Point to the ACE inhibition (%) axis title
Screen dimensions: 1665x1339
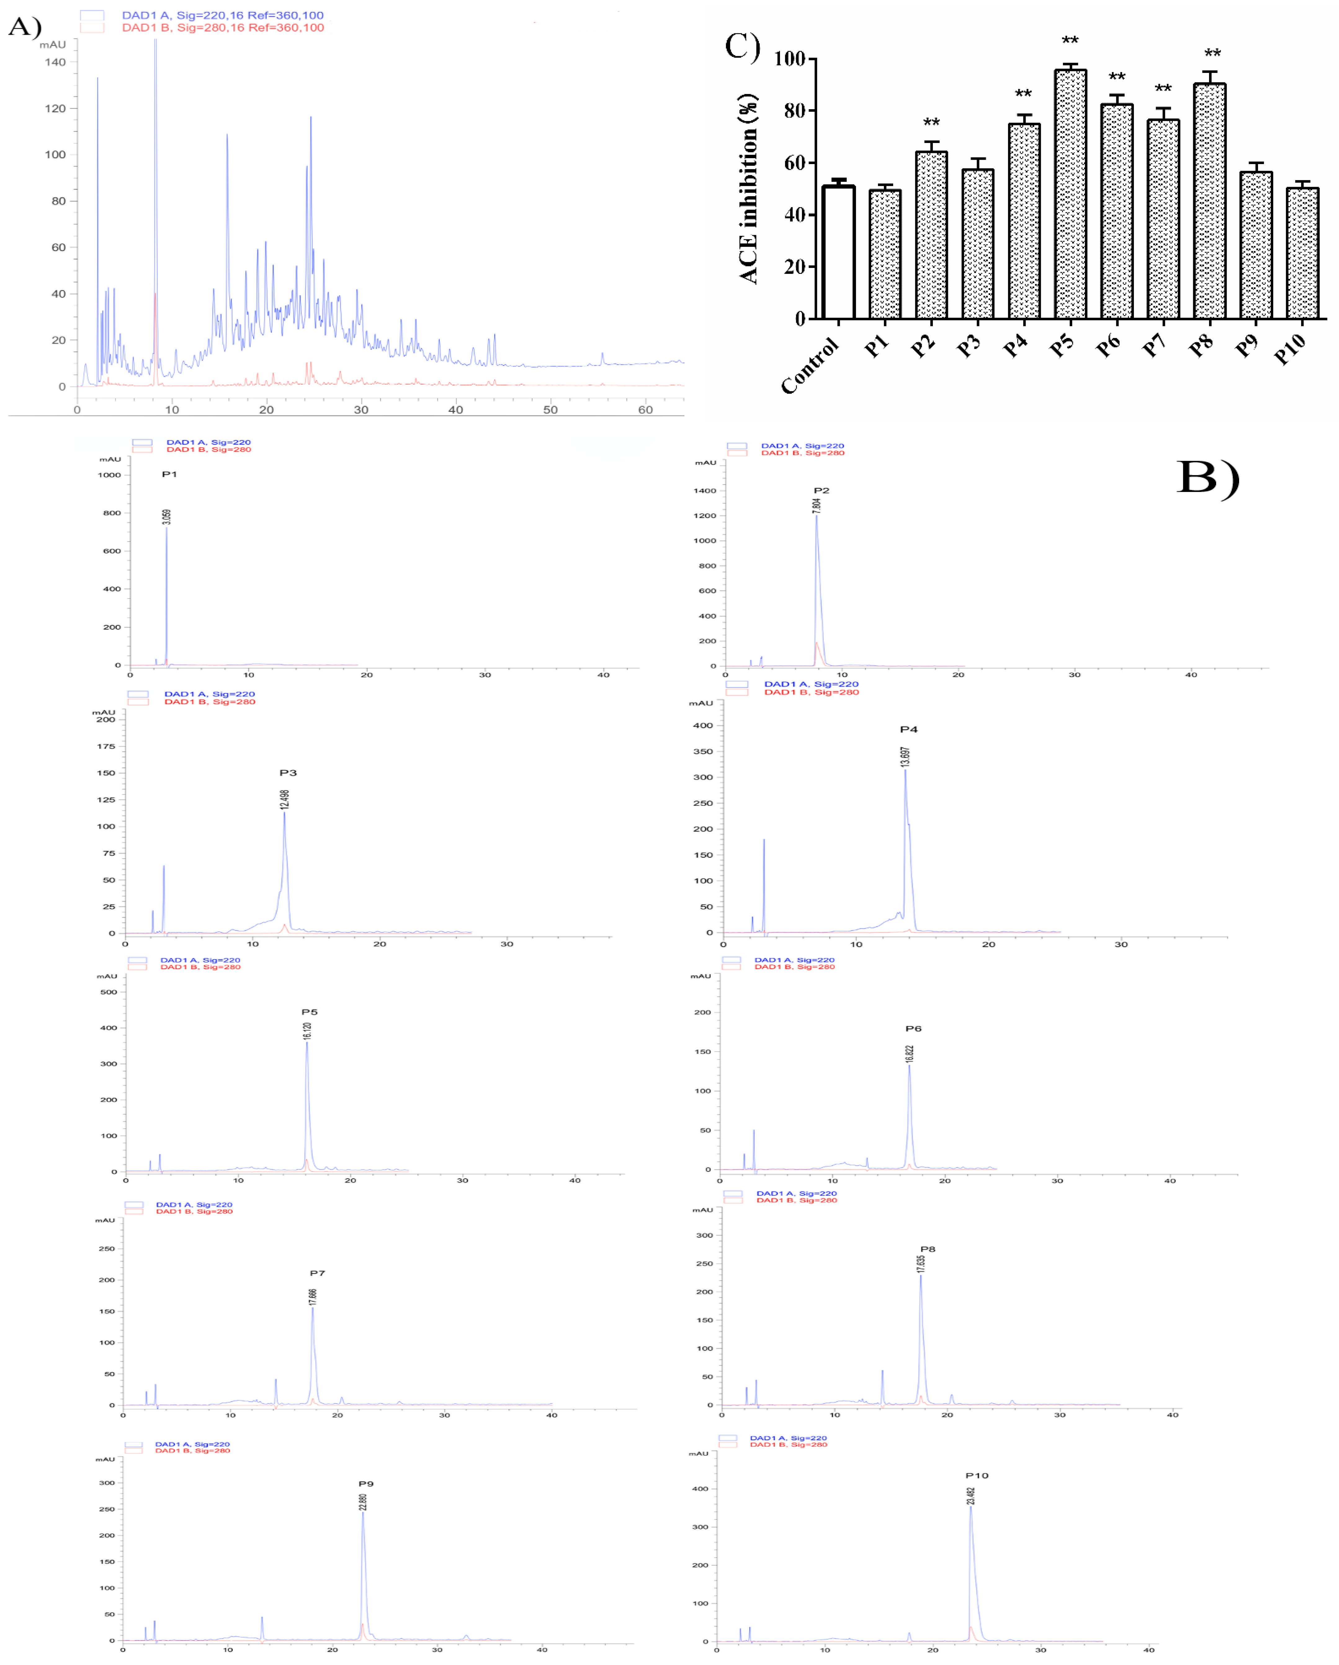tap(748, 189)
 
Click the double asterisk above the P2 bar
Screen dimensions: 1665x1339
tap(931, 123)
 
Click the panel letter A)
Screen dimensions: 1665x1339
tap(25, 27)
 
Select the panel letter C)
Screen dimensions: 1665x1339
tap(742, 46)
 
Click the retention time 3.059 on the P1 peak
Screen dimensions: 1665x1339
tap(167, 517)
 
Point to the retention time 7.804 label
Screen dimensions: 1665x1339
tap(817, 506)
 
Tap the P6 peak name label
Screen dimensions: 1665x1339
tap(913, 1029)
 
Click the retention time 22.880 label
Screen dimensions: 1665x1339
tap(363, 1502)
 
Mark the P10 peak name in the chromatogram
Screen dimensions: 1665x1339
tap(977, 1476)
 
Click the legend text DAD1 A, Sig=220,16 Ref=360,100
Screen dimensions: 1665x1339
tap(222, 16)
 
